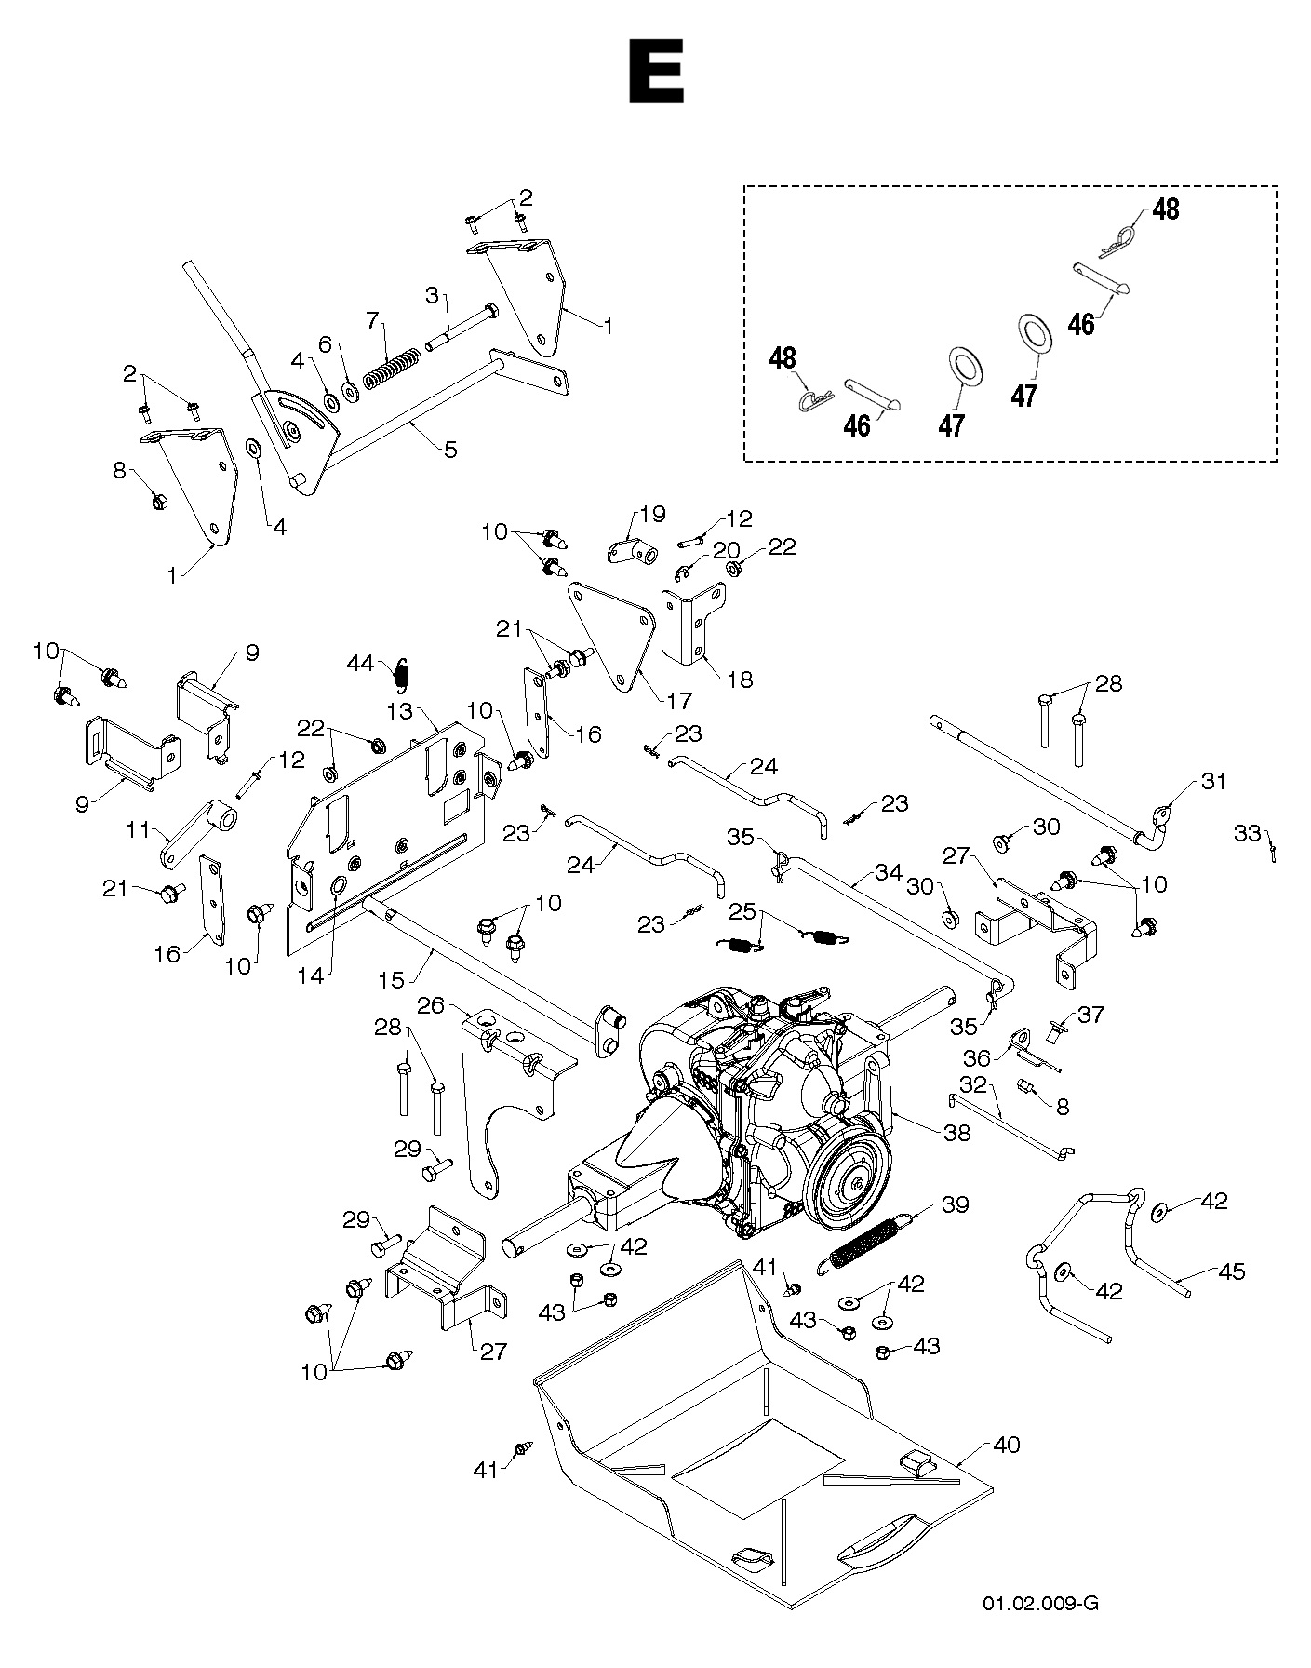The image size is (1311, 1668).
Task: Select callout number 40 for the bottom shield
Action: click(x=1007, y=1445)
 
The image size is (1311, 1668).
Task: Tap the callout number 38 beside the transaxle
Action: click(x=956, y=1132)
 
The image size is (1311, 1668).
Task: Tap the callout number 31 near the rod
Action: click(x=1214, y=781)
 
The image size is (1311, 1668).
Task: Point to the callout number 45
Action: click(x=1231, y=1271)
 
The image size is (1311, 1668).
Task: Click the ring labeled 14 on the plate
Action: click(x=338, y=883)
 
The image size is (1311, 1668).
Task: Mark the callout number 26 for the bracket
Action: click(x=430, y=1006)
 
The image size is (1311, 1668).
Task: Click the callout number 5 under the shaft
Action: click(x=450, y=450)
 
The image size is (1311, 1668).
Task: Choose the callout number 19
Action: click(x=653, y=514)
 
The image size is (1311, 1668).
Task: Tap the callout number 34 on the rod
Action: click(x=888, y=872)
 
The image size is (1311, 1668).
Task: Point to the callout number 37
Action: click(x=1090, y=1015)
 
